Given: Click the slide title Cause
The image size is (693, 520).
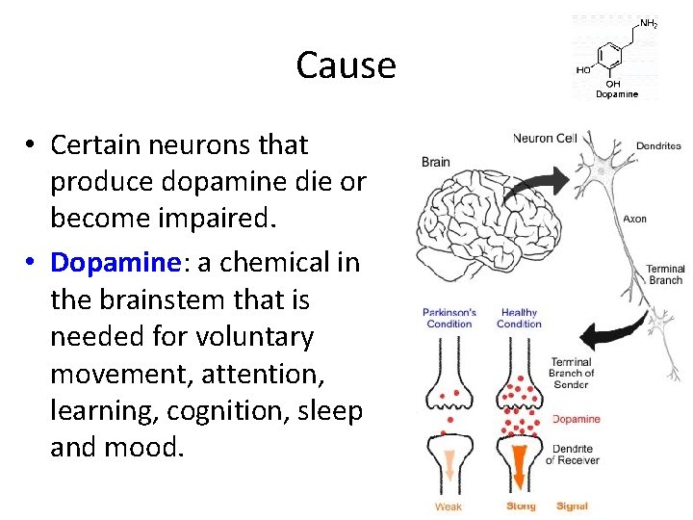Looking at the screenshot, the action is pos(346,65).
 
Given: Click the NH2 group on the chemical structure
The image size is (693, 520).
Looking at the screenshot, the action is pos(649,23).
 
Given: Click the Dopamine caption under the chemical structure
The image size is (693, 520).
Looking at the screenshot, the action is pos(616,93).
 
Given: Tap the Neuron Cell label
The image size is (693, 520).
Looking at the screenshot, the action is pos(545,138).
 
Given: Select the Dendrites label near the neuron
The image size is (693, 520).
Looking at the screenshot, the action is pos(658,146).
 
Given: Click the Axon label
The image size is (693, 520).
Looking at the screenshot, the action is pos(634,219).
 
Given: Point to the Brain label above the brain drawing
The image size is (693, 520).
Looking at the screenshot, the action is pos(436,162).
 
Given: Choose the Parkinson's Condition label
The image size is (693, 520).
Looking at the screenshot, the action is pos(449,318).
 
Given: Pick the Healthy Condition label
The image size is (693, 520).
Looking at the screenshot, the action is pos(519,318).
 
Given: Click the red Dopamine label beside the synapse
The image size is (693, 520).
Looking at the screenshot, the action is pos(577,419).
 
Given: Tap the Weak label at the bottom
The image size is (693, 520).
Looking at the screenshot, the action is pos(449,507).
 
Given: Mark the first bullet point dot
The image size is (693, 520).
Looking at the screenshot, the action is pos(31,145).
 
